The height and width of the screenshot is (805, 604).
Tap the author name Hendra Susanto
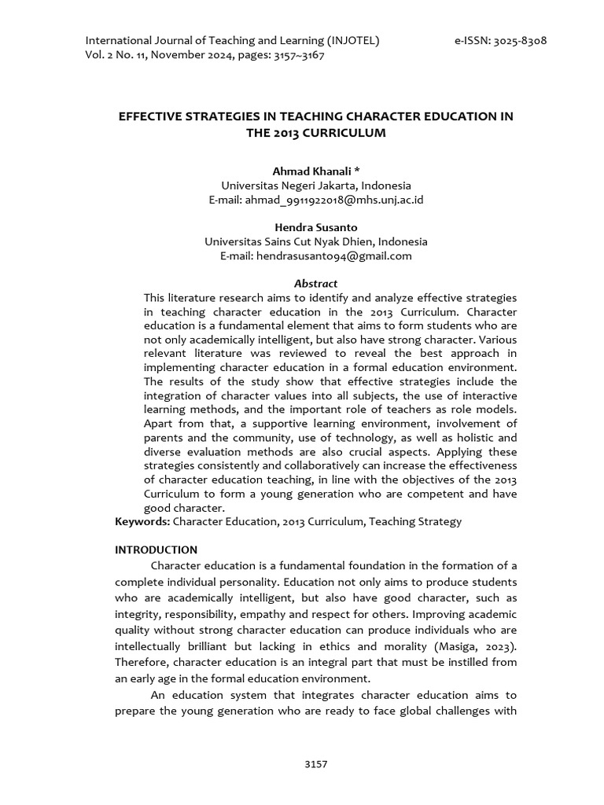click(x=315, y=227)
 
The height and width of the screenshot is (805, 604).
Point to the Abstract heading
click(x=315, y=283)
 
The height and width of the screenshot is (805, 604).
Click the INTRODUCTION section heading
click(x=156, y=550)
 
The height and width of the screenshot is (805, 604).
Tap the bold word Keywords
click(x=142, y=521)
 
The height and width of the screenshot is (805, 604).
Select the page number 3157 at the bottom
click(x=315, y=763)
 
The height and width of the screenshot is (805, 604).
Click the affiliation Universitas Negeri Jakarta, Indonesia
click(x=315, y=186)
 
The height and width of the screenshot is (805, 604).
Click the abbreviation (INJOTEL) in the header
click(x=350, y=41)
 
